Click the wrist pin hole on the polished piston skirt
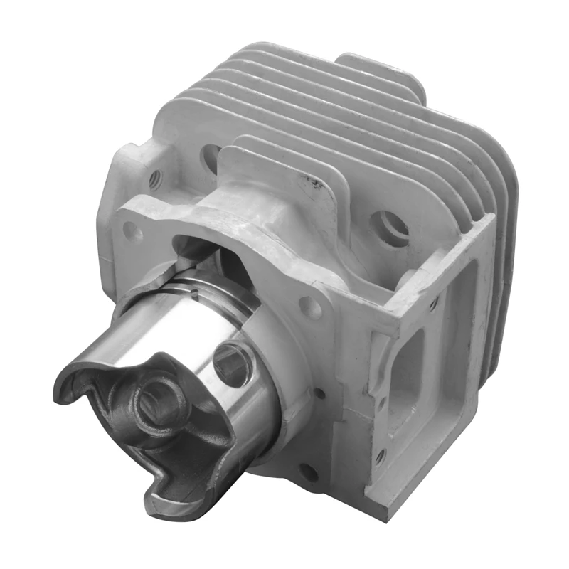pos(232,363)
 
